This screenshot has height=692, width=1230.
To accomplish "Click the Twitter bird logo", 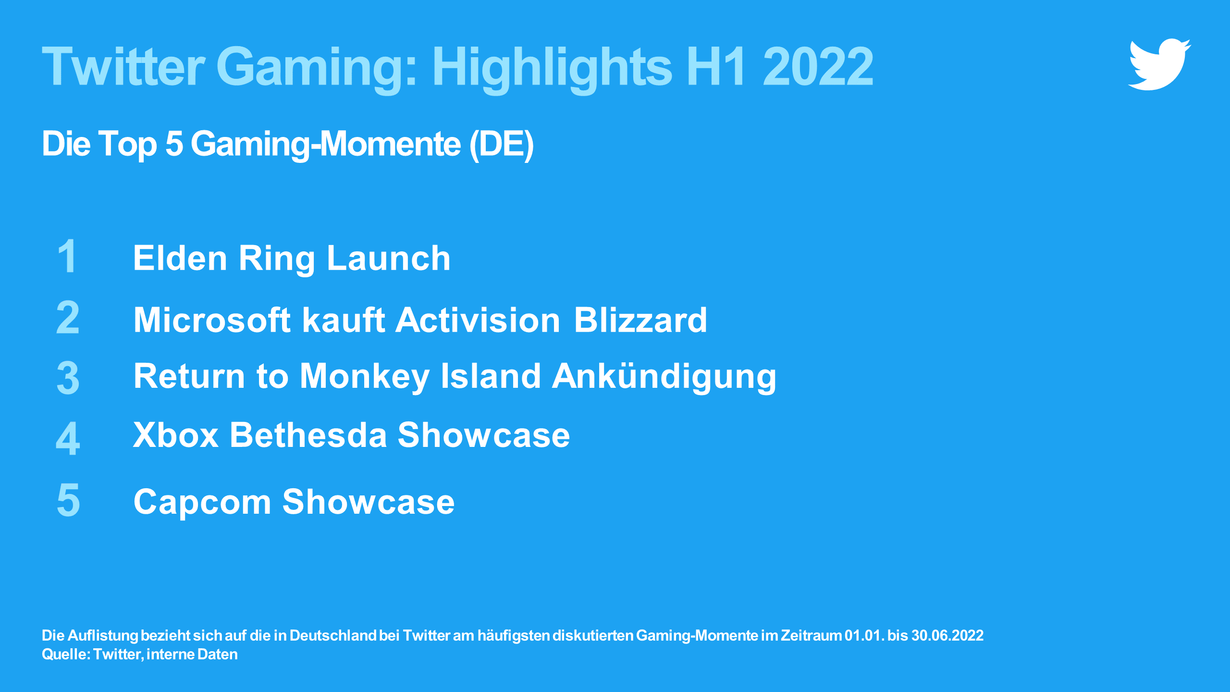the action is pyautogui.click(x=1159, y=64).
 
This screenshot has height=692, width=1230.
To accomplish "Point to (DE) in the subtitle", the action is pyautogui.click(x=501, y=144).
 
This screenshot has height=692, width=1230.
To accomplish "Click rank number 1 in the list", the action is pyautogui.click(x=67, y=256).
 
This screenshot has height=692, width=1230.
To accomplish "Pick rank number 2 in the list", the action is pyautogui.click(x=68, y=317).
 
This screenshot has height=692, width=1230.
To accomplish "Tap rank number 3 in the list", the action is pyautogui.click(x=68, y=378).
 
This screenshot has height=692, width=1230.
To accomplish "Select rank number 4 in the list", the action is pyautogui.click(x=68, y=438).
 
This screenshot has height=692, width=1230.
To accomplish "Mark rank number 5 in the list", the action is pyautogui.click(x=68, y=500).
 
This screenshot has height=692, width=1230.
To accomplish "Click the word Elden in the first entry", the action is pyautogui.click(x=180, y=258).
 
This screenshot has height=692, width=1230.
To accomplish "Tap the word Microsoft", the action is pyautogui.click(x=212, y=320).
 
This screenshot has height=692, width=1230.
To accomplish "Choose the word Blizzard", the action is pyautogui.click(x=640, y=320).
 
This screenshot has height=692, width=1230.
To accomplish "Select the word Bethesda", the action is pyautogui.click(x=308, y=435).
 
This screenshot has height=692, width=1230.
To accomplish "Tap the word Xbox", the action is pyautogui.click(x=176, y=435).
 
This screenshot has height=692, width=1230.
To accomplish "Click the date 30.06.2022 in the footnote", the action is pyautogui.click(x=947, y=636).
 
